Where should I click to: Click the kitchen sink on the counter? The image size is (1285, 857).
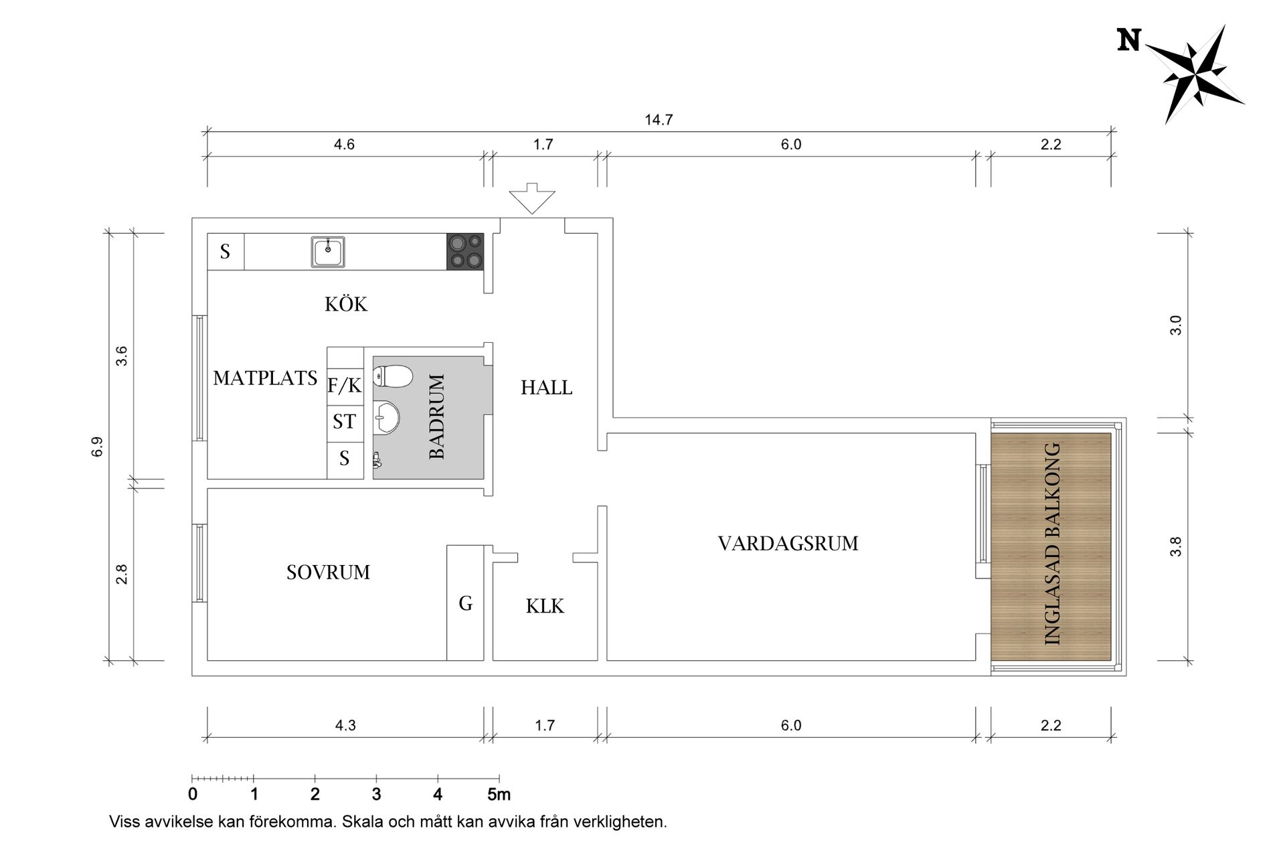point(328,252)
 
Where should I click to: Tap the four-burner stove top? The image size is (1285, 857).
point(465,252)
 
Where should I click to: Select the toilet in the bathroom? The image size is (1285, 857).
point(393,377)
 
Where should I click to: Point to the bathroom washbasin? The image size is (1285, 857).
point(386,416)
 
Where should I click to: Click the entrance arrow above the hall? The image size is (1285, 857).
point(532,198)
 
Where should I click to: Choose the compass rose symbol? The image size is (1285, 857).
point(1197,73)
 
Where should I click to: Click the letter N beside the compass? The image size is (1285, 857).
point(1129,41)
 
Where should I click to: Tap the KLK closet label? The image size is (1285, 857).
point(545,607)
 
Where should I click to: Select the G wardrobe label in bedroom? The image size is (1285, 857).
point(465,604)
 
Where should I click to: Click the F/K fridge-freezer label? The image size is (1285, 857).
point(344,386)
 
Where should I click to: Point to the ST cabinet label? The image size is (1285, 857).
point(344,422)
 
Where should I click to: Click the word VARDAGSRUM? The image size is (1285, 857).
point(788,544)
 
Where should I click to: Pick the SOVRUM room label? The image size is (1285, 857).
point(328,572)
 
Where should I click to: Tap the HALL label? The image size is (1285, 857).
point(546,388)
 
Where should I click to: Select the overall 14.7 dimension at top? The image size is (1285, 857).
point(659,121)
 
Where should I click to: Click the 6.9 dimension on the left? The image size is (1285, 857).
point(98,447)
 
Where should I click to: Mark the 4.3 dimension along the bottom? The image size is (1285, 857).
point(345,726)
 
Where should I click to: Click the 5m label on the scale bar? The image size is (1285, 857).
point(499,795)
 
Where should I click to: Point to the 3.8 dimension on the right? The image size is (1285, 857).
point(1175,546)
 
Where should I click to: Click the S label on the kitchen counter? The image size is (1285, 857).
point(225,252)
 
